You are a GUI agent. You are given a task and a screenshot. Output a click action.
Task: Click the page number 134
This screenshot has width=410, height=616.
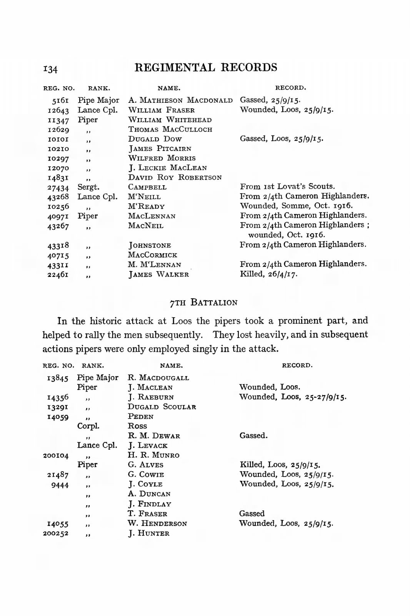(x=50, y=69)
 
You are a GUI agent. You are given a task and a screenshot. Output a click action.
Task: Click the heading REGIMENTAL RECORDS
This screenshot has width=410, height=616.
(x=206, y=67)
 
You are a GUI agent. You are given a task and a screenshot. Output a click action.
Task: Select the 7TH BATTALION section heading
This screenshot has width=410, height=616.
(x=203, y=303)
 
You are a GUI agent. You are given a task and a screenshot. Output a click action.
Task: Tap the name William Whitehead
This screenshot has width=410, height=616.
(x=170, y=120)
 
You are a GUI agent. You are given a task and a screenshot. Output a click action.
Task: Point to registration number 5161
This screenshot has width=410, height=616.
(x=60, y=101)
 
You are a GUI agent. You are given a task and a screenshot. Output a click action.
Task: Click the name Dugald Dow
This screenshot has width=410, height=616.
(x=155, y=139)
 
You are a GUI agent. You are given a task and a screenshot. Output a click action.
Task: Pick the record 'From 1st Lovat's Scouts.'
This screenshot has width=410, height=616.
(x=287, y=187)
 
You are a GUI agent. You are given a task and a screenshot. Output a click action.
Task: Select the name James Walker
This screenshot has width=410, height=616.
(x=158, y=275)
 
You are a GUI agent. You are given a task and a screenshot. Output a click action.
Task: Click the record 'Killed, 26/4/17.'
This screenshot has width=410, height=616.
(x=268, y=274)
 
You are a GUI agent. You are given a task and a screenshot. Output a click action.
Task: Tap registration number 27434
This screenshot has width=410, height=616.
(x=58, y=188)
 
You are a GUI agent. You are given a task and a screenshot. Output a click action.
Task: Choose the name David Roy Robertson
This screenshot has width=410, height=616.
(x=175, y=177)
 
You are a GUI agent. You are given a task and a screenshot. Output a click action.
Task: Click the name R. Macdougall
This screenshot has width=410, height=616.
(x=158, y=378)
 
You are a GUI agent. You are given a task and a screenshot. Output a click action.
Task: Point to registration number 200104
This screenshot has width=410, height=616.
(x=56, y=456)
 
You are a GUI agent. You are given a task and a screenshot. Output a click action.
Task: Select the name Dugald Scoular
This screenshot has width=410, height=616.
(x=162, y=407)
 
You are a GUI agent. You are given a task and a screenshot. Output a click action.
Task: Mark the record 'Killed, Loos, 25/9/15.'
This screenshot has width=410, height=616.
(x=280, y=465)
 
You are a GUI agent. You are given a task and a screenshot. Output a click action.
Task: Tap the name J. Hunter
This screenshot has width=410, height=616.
(x=149, y=533)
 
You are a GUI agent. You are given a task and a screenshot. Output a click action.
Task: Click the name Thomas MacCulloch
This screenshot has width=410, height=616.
(x=170, y=129)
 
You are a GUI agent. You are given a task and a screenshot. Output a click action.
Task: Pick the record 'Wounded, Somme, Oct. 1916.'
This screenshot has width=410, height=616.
(x=296, y=206)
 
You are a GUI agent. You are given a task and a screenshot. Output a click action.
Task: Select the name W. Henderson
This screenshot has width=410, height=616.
(x=157, y=524)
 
